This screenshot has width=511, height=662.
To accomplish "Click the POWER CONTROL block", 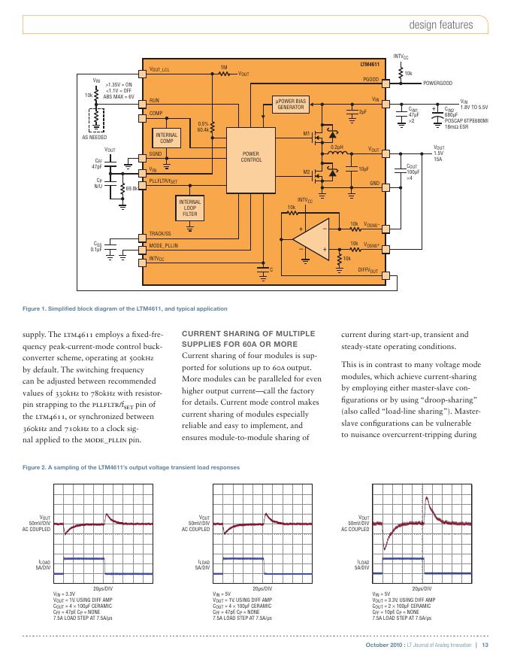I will click(251, 158).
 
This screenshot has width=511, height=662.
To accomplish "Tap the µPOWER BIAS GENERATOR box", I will click(291, 104).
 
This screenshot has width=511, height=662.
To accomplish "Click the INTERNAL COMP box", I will click(166, 138).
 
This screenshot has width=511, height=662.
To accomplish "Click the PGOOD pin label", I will click(370, 79).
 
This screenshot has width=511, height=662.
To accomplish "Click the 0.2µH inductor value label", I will click(337, 147).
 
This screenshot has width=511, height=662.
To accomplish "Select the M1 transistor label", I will click(307, 134).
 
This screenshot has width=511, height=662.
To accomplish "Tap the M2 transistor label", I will click(307, 172).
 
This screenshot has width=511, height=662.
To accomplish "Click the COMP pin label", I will click(156, 113).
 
